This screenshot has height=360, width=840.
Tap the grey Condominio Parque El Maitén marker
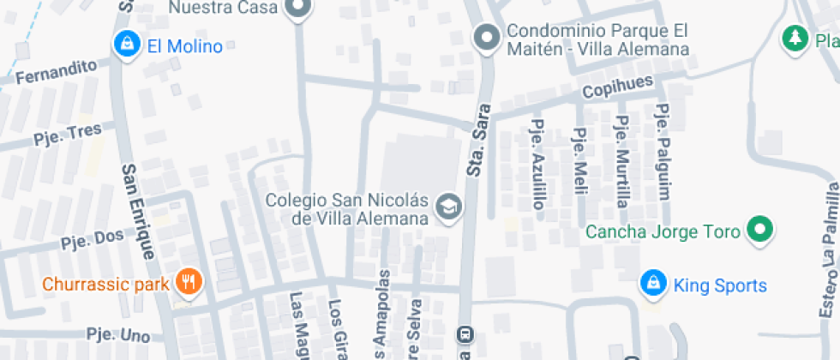click(x=488, y=37)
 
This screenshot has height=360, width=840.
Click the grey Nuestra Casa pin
click(x=298, y=9)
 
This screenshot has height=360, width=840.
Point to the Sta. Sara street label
click(x=479, y=141)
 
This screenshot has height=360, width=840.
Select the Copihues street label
click(x=617, y=87)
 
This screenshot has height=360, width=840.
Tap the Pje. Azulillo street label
click(x=538, y=164)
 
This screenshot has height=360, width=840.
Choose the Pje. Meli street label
click(x=579, y=155)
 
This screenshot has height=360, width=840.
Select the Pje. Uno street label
click(x=118, y=335)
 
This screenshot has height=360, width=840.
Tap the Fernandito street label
click(x=55, y=71)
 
